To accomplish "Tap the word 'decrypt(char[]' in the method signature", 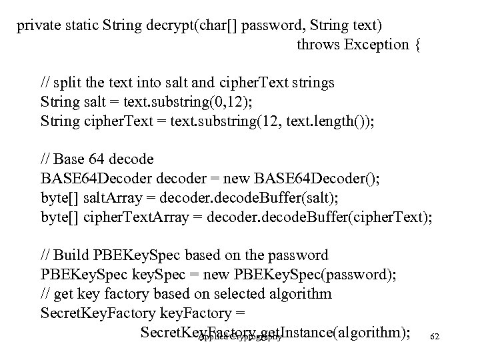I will (x=181, y=27).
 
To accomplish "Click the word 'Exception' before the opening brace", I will (x=383, y=45).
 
